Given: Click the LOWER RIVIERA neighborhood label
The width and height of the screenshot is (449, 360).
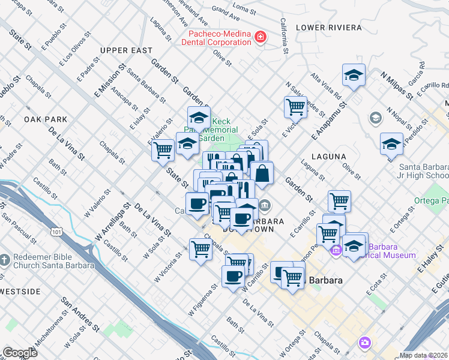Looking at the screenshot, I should (x=329, y=28).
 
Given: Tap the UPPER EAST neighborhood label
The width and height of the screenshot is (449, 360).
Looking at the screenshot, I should (x=126, y=50).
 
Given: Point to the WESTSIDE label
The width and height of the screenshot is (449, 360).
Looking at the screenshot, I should (x=20, y=292).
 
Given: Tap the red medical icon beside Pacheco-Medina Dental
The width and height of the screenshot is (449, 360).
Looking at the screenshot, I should (x=261, y=38).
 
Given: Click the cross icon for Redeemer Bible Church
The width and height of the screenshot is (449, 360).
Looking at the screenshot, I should (x=5, y=260).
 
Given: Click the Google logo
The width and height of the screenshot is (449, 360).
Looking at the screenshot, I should (x=19, y=353).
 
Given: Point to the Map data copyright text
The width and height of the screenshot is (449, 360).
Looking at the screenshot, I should (x=424, y=355).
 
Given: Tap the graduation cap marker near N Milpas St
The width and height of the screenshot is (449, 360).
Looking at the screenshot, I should (x=354, y=75).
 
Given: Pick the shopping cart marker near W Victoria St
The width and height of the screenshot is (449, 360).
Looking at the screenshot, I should (x=200, y=248).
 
